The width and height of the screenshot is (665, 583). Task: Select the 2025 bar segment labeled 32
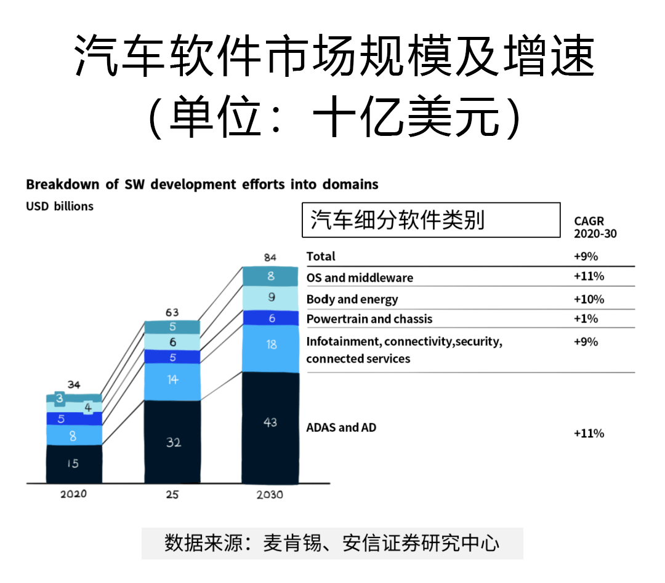(172, 442)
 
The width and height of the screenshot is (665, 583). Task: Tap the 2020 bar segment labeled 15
(74, 464)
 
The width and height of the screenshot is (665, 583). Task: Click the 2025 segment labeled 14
(172, 381)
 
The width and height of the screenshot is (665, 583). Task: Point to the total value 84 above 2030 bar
(270, 256)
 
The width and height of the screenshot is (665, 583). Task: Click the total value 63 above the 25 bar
(172, 312)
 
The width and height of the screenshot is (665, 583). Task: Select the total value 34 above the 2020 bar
(74, 385)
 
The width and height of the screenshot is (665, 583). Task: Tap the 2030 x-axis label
(270, 494)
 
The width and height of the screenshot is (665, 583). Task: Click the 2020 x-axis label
(74, 494)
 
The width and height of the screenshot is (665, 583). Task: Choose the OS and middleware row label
(360, 278)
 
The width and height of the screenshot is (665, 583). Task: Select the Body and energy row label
(352, 299)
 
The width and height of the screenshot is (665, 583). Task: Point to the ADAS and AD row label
(341, 427)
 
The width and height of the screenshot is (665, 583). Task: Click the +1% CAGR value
(586, 319)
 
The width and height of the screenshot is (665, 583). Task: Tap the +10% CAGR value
(589, 299)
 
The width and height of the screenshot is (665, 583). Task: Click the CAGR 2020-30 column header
(595, 227)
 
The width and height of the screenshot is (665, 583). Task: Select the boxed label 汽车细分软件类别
(430, 220)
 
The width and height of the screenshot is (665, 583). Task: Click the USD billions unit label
(60, 206)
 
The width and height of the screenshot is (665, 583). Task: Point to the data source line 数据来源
(332, 543)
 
